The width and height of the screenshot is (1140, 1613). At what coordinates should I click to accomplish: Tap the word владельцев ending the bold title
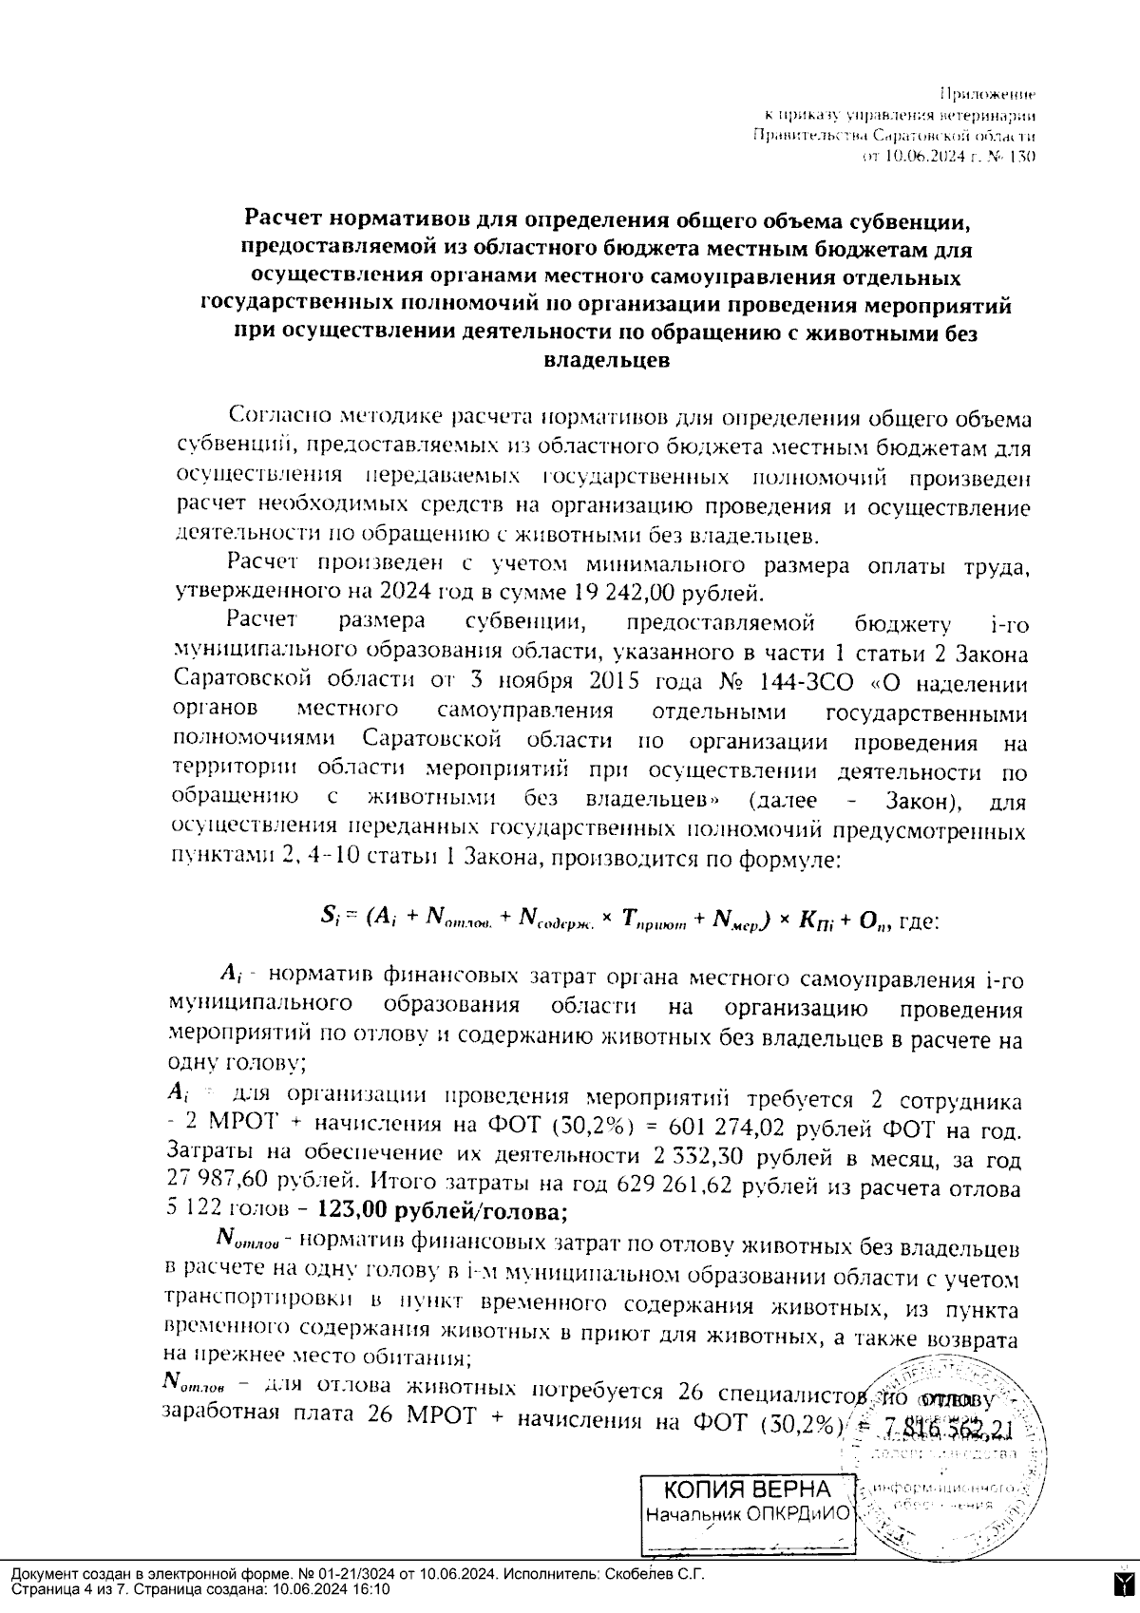point(605,360)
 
